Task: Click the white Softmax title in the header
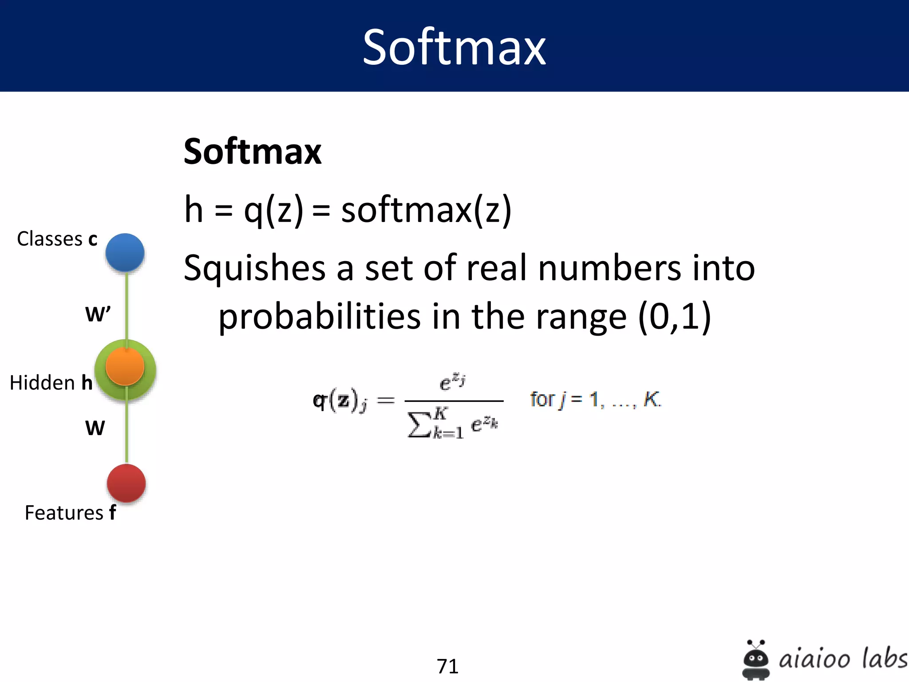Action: [x=454, y=47]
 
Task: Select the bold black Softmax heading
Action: [x=252, y=152]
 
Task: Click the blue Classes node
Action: [x=125, y=252]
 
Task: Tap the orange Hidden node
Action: [x=125, y=367]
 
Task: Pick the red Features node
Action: [x=126, y=483]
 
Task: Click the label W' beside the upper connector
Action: [x=98, y=314]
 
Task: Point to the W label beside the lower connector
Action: [x=95, y=428]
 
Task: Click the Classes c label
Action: [x=57, y=239]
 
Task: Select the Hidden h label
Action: [x=51, y=383]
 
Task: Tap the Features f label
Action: [x=70, y=513]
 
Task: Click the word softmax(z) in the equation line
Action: [x=426, y=210]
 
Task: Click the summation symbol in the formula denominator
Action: [x=419, y=425]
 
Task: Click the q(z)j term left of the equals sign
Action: [x=340, y=400]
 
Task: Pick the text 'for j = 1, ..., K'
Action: [x=595, y=399]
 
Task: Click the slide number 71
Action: [x=447, y=666]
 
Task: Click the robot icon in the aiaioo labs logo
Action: [x=755, y=659]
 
